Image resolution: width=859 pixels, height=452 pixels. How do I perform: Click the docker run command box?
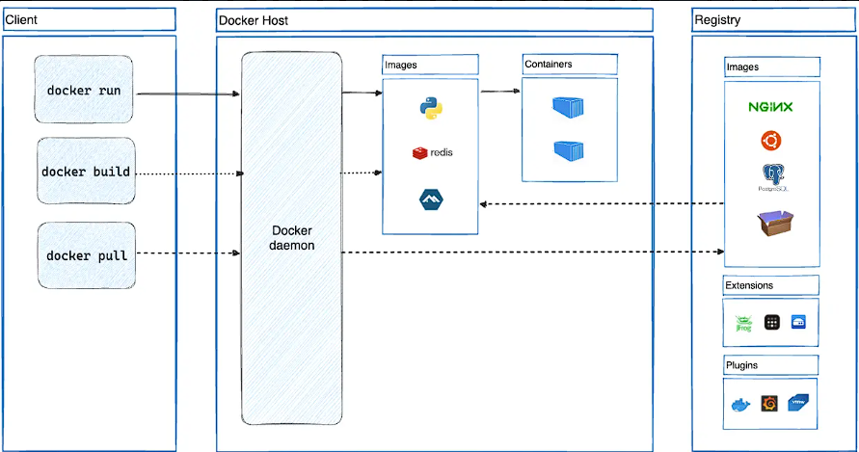click(84, 91)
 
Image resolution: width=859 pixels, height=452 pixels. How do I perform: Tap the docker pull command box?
click(86, 255)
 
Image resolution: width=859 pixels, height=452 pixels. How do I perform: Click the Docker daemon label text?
click(291, 239)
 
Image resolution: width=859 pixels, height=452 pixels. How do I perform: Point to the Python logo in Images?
click(430, 108)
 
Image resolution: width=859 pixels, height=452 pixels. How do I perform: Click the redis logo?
click(432, 152)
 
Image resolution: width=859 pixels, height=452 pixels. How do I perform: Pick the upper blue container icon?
click(569, 106)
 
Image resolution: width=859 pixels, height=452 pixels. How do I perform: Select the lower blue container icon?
click(569, 150)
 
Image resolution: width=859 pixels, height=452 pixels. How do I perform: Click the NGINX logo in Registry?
click(770, 107)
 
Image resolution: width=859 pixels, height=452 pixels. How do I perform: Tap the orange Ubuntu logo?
click(770, 142)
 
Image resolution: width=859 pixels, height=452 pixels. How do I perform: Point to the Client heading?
click(21, 19)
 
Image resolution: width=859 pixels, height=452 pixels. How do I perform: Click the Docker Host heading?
click(254, 20)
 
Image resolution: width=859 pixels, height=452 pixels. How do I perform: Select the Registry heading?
click(716, 20)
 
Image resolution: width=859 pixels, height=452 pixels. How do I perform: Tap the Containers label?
click(548, 65)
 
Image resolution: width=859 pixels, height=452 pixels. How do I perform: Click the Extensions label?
click(750, 285)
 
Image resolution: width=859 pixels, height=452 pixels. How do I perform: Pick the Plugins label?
click(742, 365)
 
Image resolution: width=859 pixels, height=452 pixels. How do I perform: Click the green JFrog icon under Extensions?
click(743, 324)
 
